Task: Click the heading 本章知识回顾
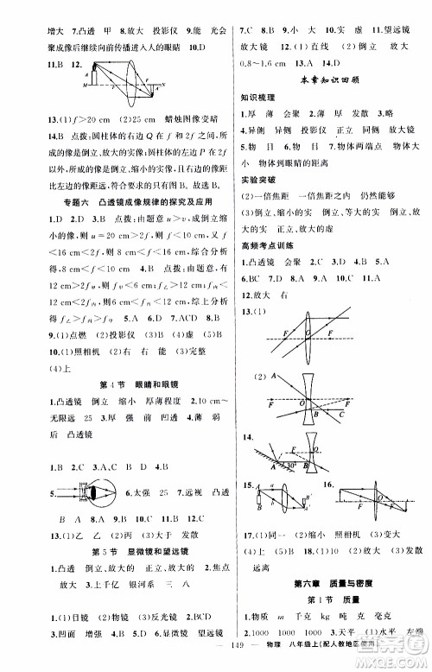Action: pyautogui.click(x=326, y=80)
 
